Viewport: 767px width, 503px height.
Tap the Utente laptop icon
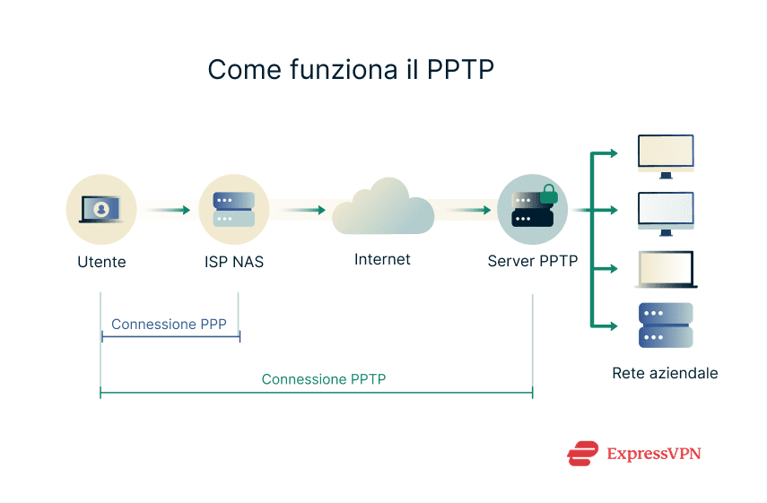[100, 210]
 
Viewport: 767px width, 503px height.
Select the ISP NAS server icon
[234, 210]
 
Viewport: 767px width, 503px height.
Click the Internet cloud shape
[383, 208]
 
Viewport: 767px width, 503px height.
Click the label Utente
[101, 262]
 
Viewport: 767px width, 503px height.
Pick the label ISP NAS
[234, 262]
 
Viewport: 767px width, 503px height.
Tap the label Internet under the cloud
[382, 259]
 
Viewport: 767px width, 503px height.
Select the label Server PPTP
[533, 262]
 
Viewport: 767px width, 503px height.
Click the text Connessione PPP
[169, 325]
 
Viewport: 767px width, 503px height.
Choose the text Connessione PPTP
[324, 379]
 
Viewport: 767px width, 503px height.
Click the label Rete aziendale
[665, 373]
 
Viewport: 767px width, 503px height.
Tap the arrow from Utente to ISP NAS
[168, 211]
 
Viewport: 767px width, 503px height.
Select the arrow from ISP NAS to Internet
[303, 211]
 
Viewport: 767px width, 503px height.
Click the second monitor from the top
[665, 212]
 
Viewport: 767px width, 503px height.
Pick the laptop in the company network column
[665, 269]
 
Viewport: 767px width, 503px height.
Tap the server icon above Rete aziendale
[665, 325]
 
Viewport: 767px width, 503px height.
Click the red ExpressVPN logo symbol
[583, 454]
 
